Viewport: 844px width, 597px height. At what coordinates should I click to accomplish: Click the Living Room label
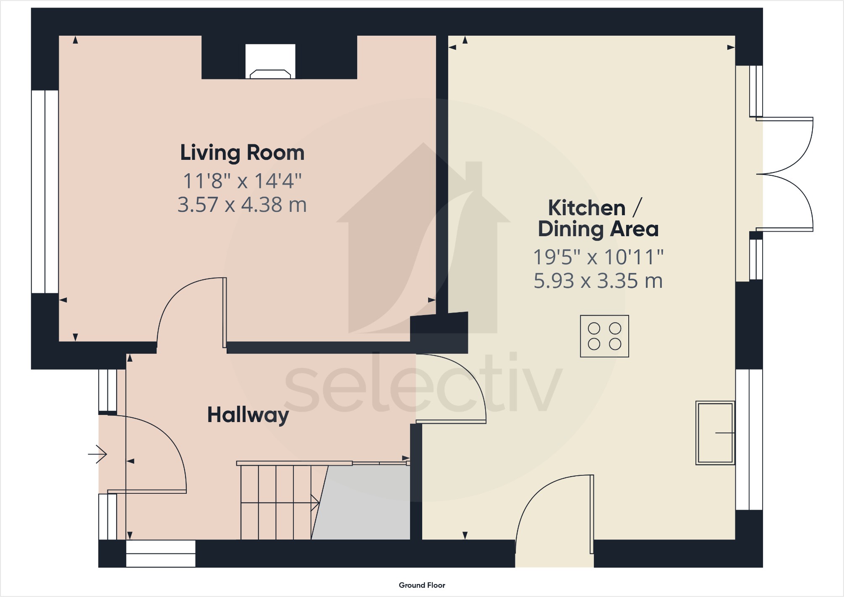tap(242, 153)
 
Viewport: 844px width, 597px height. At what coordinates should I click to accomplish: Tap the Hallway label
tap(248, 415)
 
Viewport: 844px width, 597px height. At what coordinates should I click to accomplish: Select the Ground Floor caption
tap(422, 585)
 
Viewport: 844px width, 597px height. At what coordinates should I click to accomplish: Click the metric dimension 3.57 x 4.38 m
tap(242, 205)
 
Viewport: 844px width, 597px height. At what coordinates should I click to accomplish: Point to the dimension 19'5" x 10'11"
tap(598, 257)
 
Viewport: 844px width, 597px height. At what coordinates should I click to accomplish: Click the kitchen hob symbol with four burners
tap(604, 336)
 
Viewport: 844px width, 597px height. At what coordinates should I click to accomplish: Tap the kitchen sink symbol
tap(715, 433)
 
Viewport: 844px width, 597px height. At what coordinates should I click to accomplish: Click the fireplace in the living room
tap(270, 63)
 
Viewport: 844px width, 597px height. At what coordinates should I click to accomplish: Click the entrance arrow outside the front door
tap(98, 454)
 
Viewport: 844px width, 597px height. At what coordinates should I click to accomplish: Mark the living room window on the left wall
tap(44, 191)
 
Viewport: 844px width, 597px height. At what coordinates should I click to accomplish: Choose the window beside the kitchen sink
tap(749, 439)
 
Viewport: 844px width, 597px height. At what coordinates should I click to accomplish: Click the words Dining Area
tap(598, 229)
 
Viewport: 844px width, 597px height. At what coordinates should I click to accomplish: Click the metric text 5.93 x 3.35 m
tap(598, 281)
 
